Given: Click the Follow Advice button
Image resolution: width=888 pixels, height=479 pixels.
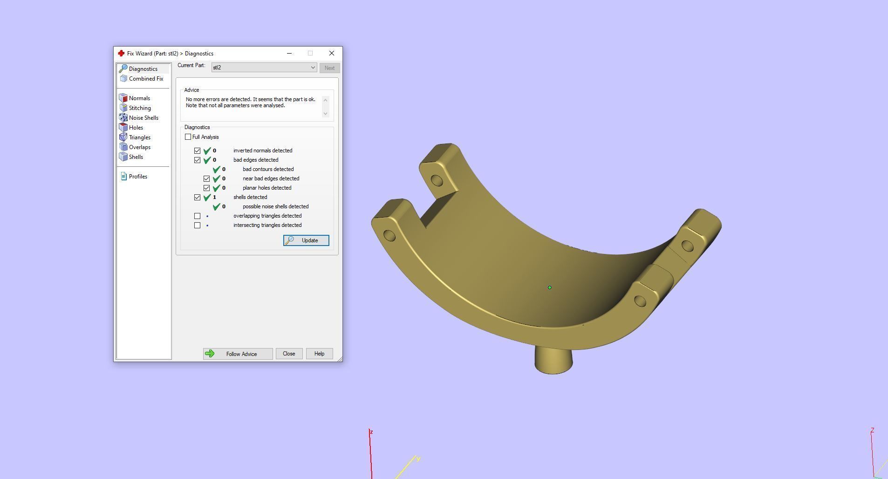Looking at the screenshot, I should click(x=238, y=354).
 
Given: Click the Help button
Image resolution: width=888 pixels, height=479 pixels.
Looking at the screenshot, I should click(x=319, y=354).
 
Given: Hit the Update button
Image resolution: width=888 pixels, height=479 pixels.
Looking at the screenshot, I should click(x=306, y=240).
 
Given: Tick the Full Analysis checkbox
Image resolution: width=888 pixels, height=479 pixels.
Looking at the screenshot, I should click(x=188, y=137).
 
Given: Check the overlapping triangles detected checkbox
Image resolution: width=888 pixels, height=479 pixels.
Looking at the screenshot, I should click(x=198, y=216).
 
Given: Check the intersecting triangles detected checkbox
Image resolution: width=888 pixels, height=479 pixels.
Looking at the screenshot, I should click(x=198, y=225).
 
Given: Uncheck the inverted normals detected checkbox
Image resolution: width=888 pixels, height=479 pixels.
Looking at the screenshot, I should click(x=198, y=151).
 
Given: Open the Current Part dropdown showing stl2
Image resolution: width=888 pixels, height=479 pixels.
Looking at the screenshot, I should click(x=264, y=68).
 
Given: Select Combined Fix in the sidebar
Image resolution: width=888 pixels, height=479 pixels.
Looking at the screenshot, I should click(x=146, y=79).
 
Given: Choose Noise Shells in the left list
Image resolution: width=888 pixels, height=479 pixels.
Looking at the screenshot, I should click(x=143, y=118).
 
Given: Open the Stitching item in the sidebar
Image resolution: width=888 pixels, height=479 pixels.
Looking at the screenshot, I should click(x=140, y=108).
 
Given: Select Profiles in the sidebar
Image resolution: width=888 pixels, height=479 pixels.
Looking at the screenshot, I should click(x=138, y=177).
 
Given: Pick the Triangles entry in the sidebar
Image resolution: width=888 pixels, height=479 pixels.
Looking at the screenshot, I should click(x=139, y=137).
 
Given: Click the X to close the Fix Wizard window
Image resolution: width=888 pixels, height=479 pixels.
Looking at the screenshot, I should click(x=332, y=53).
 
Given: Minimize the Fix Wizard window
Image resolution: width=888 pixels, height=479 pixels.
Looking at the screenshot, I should click(x=289, y=53).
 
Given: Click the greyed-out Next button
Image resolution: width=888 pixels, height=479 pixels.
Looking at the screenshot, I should click(x=329, y=68).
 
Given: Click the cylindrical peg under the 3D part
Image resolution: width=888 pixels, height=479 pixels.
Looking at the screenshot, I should click(x=553, y=361).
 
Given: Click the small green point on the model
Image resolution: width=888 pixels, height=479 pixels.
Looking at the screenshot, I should click(x=550, y=287).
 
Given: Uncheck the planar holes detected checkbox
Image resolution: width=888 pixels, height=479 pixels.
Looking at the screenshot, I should click(x=207, y=188).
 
